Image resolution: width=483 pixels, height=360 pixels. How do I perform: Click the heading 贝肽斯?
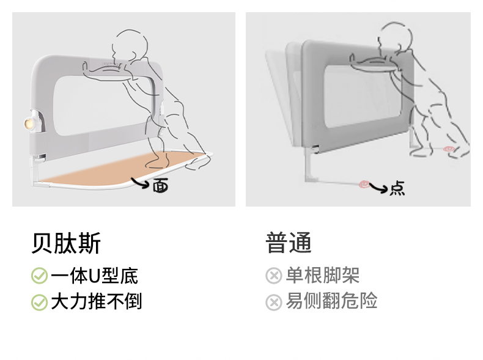(x=66, y=243)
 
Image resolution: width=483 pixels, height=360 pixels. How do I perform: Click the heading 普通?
(x=289, y=243)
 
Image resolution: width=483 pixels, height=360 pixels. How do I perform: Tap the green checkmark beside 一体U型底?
(x=39, y=276)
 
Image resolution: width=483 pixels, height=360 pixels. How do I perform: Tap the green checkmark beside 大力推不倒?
(x=39, y=302)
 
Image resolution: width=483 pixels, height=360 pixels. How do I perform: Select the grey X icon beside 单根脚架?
(x=274, y=275)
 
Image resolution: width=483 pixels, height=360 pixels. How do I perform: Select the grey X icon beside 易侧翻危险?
(x=274, y=302)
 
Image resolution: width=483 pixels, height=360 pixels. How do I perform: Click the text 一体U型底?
(x=94, y=276)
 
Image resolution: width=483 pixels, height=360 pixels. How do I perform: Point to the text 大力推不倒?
(x=97, y=301)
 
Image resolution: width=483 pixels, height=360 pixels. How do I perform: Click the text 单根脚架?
(x=323, y=275)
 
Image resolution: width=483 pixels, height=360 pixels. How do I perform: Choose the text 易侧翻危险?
(x=332, y=301)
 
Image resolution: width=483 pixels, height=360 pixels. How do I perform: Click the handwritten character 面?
(x=161, y=185)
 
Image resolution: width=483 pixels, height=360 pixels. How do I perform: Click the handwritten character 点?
(x=397, y=188)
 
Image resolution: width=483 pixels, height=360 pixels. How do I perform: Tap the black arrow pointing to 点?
(x=378, y=187)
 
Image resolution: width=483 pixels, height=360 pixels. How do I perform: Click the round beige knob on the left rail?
(x=29, y=124)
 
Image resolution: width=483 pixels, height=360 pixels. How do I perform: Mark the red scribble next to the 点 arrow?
(x=364, y=184)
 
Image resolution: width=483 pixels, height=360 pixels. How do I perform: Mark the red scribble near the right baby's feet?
(x=449, y=149)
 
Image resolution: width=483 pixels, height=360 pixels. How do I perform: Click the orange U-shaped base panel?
(x=124, y=168)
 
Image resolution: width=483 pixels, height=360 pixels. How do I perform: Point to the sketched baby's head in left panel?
(x=130, y=46)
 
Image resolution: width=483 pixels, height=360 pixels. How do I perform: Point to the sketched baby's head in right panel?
(x=395, y=36)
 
